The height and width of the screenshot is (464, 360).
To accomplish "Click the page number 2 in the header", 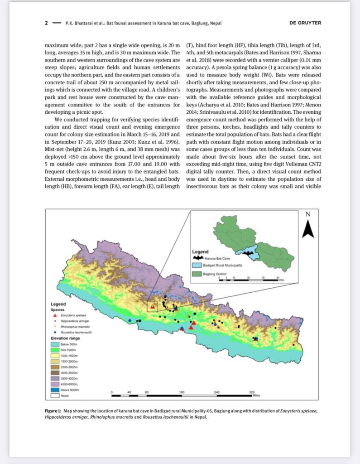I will pyautogui.click(x=46, y=23).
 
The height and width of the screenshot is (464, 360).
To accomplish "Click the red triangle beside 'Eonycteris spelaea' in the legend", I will pyautogui.click(x=55, y=314).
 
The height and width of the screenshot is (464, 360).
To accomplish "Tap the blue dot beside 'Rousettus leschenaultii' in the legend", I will pyautogui.click(x=55, y=332).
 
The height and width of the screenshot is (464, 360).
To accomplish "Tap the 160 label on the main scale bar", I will pyautogui.click(x=182, y=391).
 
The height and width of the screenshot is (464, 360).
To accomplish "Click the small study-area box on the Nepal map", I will pyautogui.click(x=153, y=306).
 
